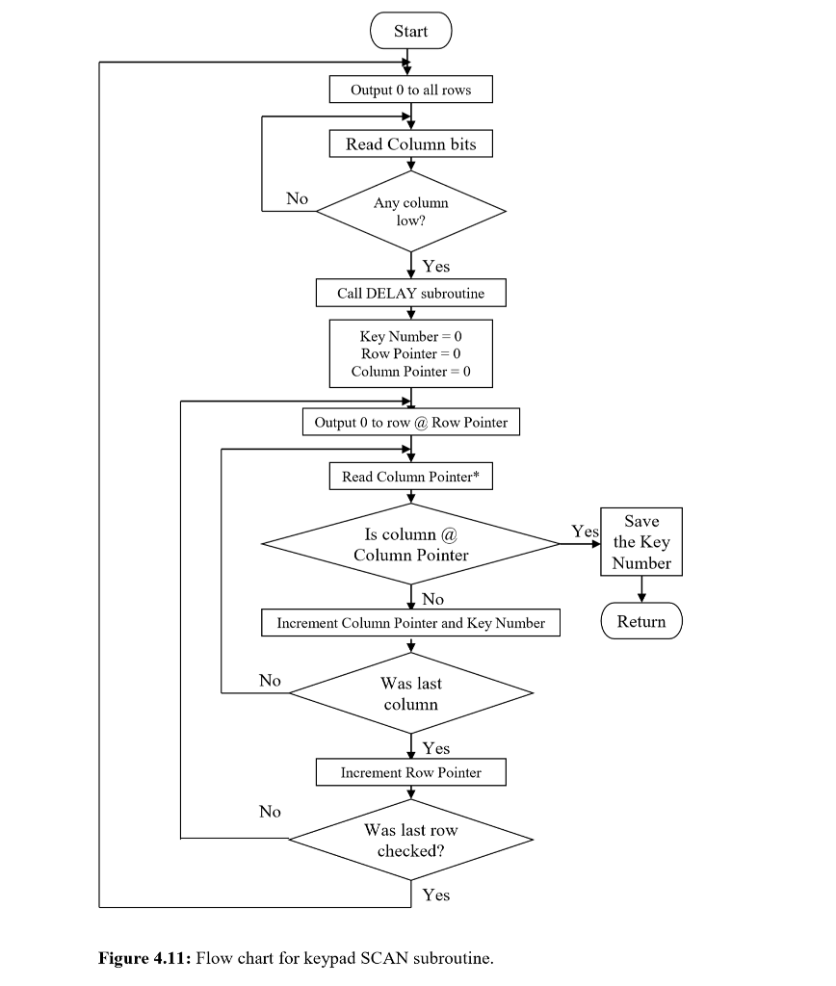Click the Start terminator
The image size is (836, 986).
pos(410,31)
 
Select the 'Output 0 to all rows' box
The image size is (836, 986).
pos(410,90)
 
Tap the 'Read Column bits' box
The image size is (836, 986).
pos(410,144)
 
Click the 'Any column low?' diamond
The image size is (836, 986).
pos(410,212)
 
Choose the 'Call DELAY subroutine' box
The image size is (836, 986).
pos(410,293)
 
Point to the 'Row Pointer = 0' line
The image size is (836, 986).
pos(410,353)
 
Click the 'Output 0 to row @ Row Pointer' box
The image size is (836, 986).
pos(410,422)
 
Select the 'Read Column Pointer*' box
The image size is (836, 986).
pos(410,477)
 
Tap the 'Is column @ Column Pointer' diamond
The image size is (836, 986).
pos(410,545)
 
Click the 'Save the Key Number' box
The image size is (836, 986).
pos(641,542)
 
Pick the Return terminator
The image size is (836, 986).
pos(641,621)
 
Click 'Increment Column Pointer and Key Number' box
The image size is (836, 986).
pos(410,623)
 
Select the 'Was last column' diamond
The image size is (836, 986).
pos(410,693)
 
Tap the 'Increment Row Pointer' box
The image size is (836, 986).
pos(410,772)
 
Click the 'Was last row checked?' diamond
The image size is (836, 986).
pos(410,841)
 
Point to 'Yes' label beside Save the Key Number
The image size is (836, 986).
pos(584,532)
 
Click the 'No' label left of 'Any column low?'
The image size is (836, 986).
pos(297,198)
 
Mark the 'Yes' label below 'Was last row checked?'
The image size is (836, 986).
pos(435,895)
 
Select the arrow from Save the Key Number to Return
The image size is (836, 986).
pos(641,589)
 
